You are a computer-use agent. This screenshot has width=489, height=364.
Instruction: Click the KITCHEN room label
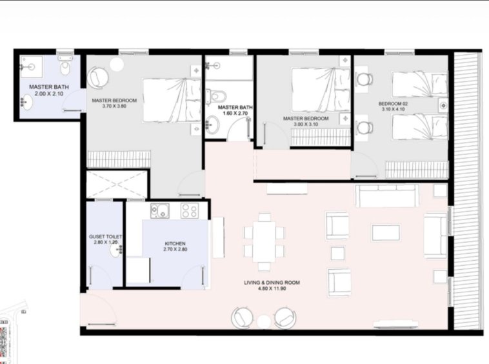pyautogui.click(x=175, y=243)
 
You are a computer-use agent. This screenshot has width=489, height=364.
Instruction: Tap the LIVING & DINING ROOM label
pyautogui.click(x=272, y=283)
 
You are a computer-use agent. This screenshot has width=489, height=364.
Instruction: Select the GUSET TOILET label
pyautogui.click(x=105, y=237)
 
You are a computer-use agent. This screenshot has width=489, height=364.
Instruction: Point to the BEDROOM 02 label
pyautogui.click(x=393, y=103)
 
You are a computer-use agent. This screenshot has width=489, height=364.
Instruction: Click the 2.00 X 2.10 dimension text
pyautogui.click(x=49, y=94)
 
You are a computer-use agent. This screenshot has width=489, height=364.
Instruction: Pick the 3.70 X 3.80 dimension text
pyautogui.click(x=114, y=106)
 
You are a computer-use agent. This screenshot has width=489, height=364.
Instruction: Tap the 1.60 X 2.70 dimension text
pyautogui.click(x=235, y=113)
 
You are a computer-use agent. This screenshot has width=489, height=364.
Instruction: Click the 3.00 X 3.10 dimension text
pyautogui.click(x=306, y=124)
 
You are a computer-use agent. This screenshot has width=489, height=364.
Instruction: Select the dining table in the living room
pyautogui.click(x=264, y=242)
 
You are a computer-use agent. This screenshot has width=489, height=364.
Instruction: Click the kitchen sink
pyautogui.click(x=160, y=211)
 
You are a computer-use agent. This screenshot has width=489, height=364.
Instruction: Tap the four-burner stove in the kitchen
pyautogui.click(x=190, y=210)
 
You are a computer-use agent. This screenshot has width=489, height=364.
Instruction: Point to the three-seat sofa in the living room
pyautogui.click(x=387, y=196)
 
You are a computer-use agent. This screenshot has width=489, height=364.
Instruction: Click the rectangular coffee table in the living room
pyautogui.click(x=386, y=232)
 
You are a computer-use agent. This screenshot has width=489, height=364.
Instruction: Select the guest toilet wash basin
pyautogui.click(x=116, y=250)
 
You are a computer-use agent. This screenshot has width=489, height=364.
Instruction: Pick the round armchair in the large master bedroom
pyautogui.click(x=98, y=77)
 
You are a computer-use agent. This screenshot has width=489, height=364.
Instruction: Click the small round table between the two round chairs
pyautogui.click(x=264, y=322)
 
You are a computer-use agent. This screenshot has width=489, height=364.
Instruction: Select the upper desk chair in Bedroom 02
pyautogui.click(x=364, y=79)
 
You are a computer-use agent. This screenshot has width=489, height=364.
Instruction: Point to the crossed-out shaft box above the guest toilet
pyautogui.click(x=117, y=184)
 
